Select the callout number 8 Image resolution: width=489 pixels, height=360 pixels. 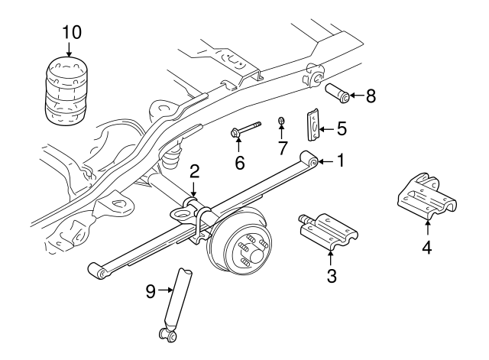pyautogui.click(x=371, y=96)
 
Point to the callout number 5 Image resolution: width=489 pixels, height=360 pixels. pyautogui.click(x=342, y=128)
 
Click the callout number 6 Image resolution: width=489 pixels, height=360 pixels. pyautogui.click(x=239, y=163)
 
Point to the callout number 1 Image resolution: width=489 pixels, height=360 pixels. pyautogui.click(x=341, y=161)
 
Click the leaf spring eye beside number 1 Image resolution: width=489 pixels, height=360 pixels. pyautogui.click(x=309, y=161)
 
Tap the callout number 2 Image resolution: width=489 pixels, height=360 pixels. pyautogui.click(x=195, y=170)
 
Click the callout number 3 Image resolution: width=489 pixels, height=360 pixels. pyautogui.click(x=332, y=275)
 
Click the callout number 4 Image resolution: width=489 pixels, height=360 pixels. pyautogui.click(x=426, y=247)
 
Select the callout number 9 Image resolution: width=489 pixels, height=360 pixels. pyautogui.click(x=151, y=290)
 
